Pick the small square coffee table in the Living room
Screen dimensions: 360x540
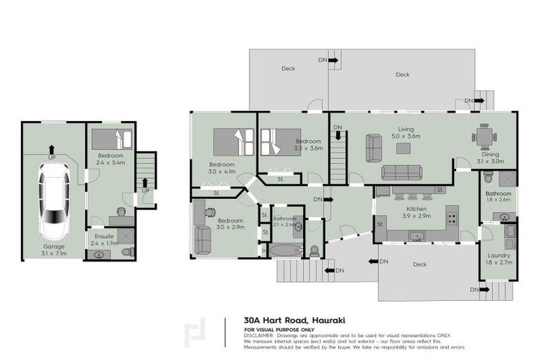[403, 148]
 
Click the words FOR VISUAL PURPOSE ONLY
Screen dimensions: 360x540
[279, 329]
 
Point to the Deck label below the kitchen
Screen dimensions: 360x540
[420, 264]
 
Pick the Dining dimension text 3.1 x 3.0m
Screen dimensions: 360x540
[489, 162]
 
